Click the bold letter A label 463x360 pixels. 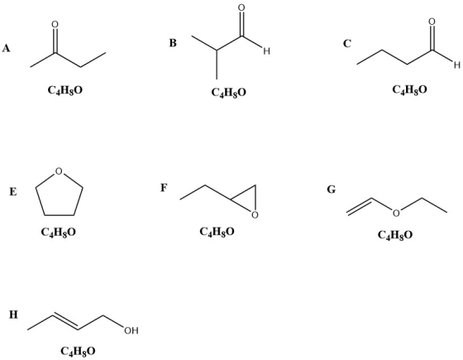pyautogui.click(x=7, y=48)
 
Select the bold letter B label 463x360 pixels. pyautogui.click(x=173, y=43)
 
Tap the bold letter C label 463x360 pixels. pyautogui.click(x=347, y=43)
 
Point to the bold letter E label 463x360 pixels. pyautogui.click(x=13, y=192)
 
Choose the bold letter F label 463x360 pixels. pyautogui.click(x=164, y=188)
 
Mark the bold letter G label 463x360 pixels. pyautogui.click(x=332, y=190)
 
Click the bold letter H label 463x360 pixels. pyautogui.click(x=13, y=314)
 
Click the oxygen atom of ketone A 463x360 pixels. pyautogui.click(x=55, y=24)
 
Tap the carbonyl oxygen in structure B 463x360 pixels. pyautogui.click(x=241, y=7)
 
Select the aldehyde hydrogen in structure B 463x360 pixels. pyautogui.click(x=266, y=51)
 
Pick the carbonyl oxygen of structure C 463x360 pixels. pyautogui.click(x=432, y=22)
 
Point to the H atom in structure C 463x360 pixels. pyautogui.click(x=457, y=65)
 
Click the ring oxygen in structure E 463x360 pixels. pyautogui.click(x=59, y=171)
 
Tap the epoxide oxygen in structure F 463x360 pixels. pyautogui.click(x=255, y=215)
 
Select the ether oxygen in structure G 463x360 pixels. pyautogui.click(x=396, y=213)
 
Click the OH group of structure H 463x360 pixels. pyautogui.click(x=131, y=330)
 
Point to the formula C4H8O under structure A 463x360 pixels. pyautogui.click(x=65, y=90)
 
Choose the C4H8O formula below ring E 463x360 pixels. pyautogui.click(x=59, y=232)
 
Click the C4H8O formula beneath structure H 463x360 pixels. pyautogui.click(x=79, y=351)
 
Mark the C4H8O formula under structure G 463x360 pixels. pyautogui.click(x=395, y=235)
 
